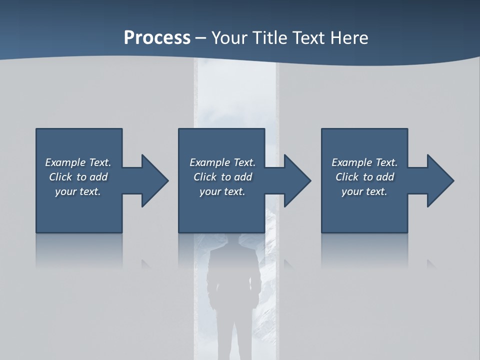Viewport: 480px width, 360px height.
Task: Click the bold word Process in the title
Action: click(157, 38)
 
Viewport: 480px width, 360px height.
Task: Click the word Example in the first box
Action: click(65, 162)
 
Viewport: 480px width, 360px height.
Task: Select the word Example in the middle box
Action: click(209, 162)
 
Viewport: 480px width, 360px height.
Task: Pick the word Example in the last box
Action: click(351, 162)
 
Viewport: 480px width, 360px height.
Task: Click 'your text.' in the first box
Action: click(78, 191)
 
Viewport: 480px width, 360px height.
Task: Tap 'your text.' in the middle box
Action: click(222, 191)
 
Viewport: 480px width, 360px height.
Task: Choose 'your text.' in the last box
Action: click(364, 191)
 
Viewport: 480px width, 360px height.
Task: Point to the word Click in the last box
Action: click(347, 177)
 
